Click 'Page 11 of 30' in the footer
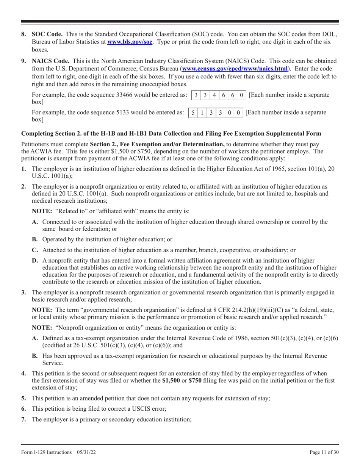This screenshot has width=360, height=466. pyautogui.click(x=324, y=452)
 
